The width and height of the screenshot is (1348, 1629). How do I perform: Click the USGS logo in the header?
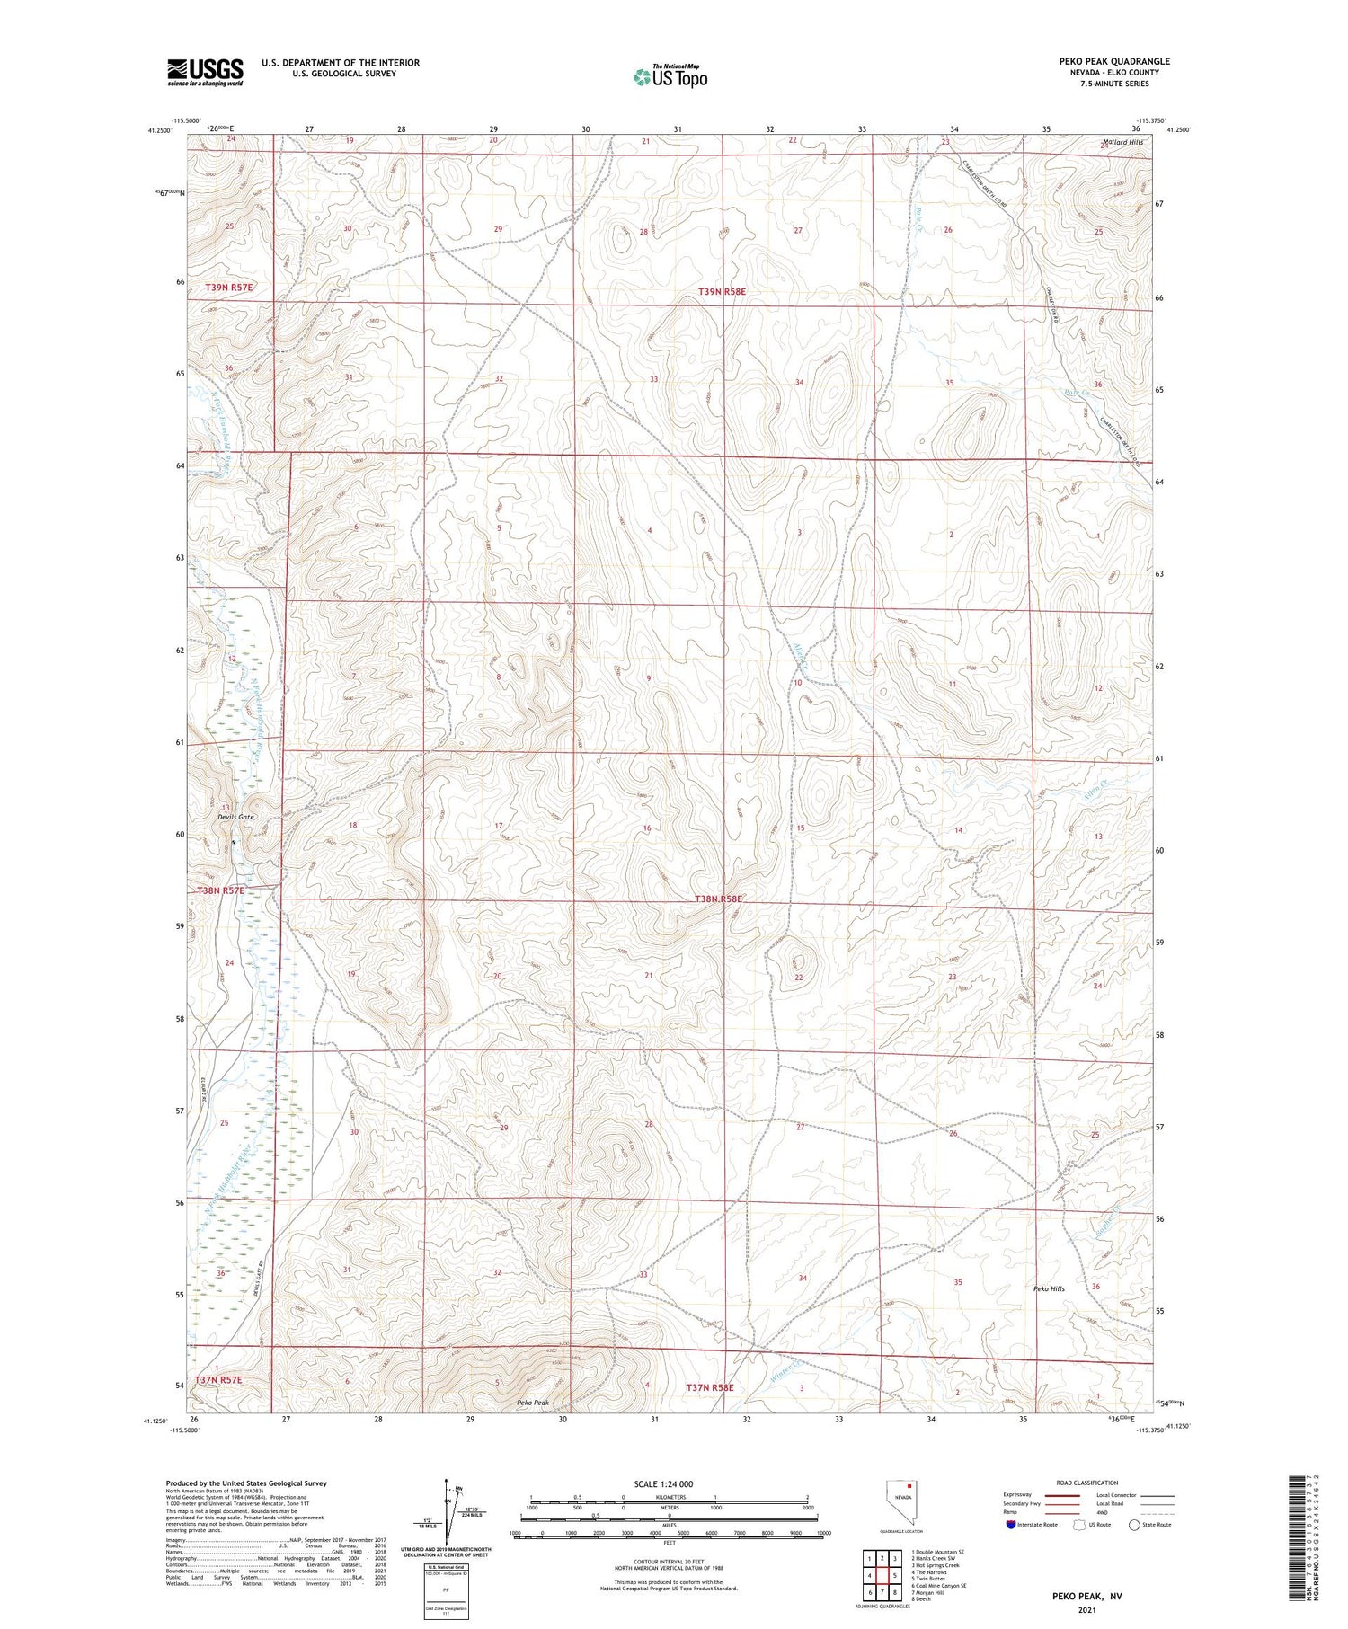pyautogui.click(x=205, y=72)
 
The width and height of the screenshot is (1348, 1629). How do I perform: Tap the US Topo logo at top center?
pyautogui.click(x=670, y=76)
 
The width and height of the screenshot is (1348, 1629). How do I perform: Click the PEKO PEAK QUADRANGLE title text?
pyautogui.click(x=1113, y=62)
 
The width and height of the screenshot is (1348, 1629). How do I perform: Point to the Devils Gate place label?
pyautogui.click(x=235, y=817)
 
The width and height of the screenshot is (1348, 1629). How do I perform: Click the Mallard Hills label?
pyautogui.click(x=1123, y=142)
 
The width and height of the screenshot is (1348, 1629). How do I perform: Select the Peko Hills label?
pyautogui.click(x=1049, y=1288)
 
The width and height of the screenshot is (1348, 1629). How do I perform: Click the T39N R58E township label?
pyautogui.click(x=722, y=291)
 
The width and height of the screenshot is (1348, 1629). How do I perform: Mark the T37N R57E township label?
pyautogui.click(x=218, y=1379)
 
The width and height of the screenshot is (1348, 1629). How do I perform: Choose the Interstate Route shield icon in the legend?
pyautogui.click(x=1011, y=1524)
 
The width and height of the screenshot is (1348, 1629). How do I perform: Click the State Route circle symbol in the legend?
pyautogui.click(x=1135, y=1524)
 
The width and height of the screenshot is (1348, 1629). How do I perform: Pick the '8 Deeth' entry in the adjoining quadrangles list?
pyautogui.click(x=922, y=1599)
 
